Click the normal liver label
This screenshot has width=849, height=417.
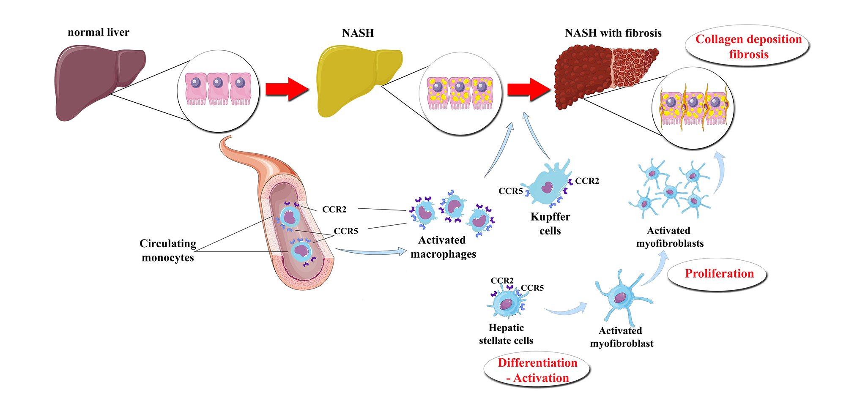(x=98, y=33)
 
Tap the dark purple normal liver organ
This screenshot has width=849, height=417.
(x=93, y=80)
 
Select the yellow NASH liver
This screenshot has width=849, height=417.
(x=351, y=80)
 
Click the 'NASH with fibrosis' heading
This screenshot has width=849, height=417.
(x=613, y=33)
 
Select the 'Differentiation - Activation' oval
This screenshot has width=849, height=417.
(x=537, y=370)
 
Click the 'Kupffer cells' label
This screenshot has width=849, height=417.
(x=550, y=223)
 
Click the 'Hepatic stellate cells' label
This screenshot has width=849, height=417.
(x=506, y=334)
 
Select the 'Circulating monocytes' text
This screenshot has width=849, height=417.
(x=168, y=250)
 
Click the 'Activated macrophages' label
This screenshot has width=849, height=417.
(x=443, y=247)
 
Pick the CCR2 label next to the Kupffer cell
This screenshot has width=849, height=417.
(x=587, y=181)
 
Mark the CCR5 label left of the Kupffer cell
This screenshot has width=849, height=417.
(x=510, y=191)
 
